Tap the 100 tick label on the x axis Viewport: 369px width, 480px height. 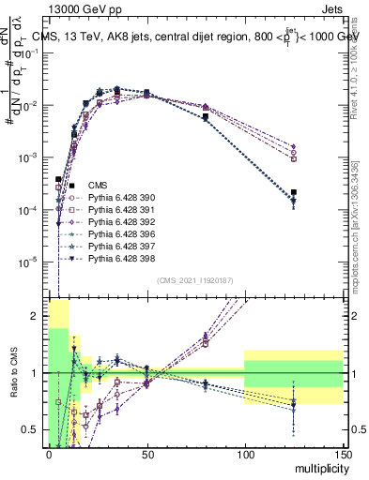(x=244, y=455)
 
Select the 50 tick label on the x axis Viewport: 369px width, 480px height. (x=146, y=455)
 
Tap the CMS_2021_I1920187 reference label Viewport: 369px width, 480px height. (x=194, y=279)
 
